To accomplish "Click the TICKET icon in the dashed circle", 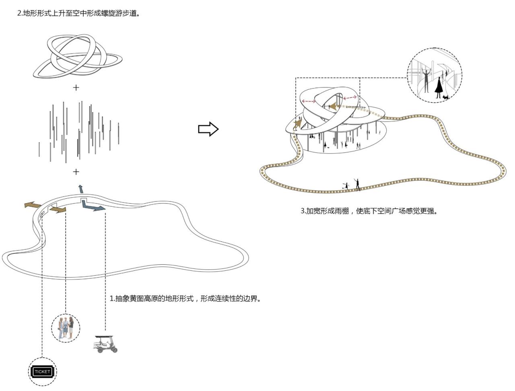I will click(x=42, y=372).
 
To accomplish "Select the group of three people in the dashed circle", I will click(x=66, y=328).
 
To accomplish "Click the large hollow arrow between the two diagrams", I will click(x=208, y=129).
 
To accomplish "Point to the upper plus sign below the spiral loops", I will click(x=76, y=87).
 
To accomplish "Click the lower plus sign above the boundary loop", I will click(x=76, y=172).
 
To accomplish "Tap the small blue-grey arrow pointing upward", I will click(x=81, y=189).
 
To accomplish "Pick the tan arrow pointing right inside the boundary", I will click(x=60, y=210).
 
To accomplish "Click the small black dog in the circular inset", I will click(x=445, y=97).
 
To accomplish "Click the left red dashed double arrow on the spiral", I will click(x=309, y=101).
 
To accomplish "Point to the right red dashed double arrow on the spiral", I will click(x=350, y=97).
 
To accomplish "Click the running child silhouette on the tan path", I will click(x=344, y=186).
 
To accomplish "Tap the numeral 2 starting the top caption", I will click(x=19, y=13).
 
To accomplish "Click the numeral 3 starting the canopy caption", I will click(x=303, y=211).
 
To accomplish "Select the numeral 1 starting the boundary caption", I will click(x=111, y=299).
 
